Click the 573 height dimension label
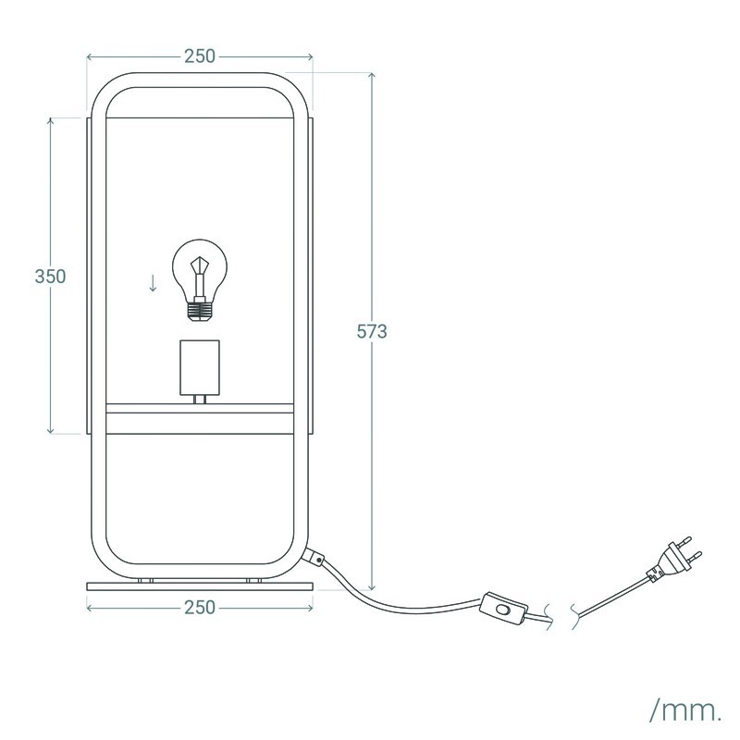[372, 332]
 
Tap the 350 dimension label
[50, 277]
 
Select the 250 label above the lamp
[200, 56]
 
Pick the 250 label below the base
[200, 608]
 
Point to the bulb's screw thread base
[199, 312]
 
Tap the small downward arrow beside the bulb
[153, 283]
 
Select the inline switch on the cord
[503, 609]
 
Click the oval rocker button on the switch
[503, 610]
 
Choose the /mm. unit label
[685, 710]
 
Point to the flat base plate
[200, 586]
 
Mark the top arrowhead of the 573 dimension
[372, 76]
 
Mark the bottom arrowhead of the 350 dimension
[51, 430]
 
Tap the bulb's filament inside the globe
[200, 276]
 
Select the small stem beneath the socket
[200, 400]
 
